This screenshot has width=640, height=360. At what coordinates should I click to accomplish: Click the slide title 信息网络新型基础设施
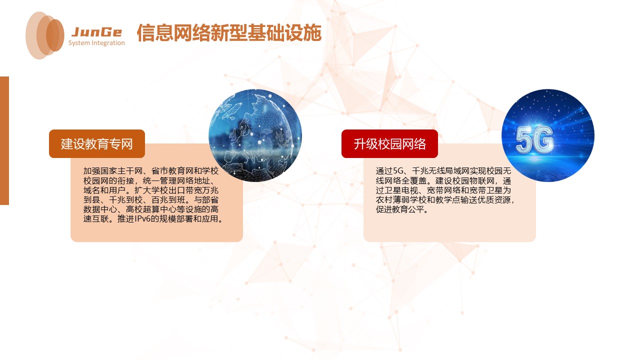228,33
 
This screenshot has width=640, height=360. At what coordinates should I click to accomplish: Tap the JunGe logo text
96,32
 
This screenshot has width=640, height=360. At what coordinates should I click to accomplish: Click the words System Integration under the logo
96,43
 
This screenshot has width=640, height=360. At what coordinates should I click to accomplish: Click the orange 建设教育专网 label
97,144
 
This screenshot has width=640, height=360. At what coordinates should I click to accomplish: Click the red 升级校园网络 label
389,144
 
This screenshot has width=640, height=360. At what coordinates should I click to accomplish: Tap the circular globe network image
255,135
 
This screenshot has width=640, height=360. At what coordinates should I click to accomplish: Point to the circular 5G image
547,135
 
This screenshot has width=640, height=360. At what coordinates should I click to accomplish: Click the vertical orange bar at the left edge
4,140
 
